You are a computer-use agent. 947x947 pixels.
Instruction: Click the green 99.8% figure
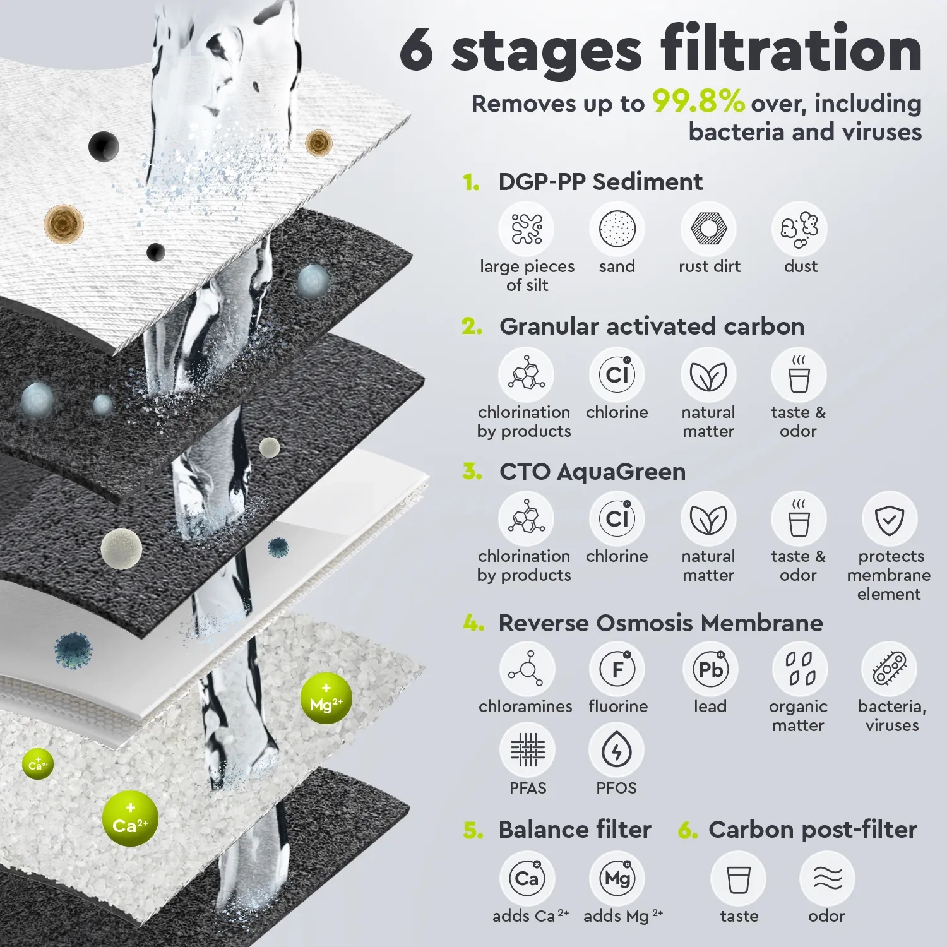pos(698,102)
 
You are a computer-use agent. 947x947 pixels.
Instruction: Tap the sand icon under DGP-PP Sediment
pos(617,229)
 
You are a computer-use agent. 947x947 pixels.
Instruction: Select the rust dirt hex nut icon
pos(708,229)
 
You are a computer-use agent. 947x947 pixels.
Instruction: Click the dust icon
pos(799,229)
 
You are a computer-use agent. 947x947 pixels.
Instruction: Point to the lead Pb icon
pos(710,669)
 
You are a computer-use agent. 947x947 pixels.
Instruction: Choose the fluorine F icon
pos(617,669)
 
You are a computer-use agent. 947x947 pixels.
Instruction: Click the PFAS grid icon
pos(527,750)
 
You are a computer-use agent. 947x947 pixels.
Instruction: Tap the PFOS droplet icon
pos(616,750)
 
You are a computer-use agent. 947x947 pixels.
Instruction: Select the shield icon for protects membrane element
pos(890,520)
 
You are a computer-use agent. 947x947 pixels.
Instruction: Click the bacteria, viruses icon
pos(890,669)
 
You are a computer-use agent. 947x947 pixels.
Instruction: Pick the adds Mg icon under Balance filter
pos(617,878)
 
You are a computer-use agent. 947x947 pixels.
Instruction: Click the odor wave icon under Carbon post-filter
pos(827,878)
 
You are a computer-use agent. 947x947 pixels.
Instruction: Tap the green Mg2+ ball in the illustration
pos(326,698)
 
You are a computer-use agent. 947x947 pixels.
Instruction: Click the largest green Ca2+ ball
pos(130,819)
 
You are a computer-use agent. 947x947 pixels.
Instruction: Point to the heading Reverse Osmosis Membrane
pos(660,623)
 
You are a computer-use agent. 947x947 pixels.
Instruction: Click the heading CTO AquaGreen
pos(592,472)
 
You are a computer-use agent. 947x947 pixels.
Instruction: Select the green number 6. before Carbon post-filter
pos(688,830)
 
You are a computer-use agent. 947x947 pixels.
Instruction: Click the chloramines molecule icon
pos(527,669)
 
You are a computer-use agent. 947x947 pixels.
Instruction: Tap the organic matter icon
pos(800,669)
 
